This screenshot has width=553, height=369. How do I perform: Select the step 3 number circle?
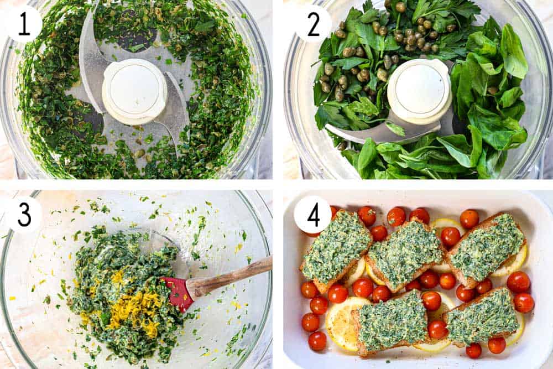(x=24, y=214)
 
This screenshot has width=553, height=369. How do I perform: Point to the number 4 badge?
(x=313, y=214)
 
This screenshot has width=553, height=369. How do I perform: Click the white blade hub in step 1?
(x=134, y=91)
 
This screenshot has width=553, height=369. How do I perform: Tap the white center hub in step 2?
(x=419, y=90)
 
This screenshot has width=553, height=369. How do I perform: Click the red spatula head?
(x=178, y=294)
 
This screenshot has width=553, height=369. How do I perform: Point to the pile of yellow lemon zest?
(x=133, y=310)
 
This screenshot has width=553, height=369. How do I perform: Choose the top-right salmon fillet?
(x=487, y=246)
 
